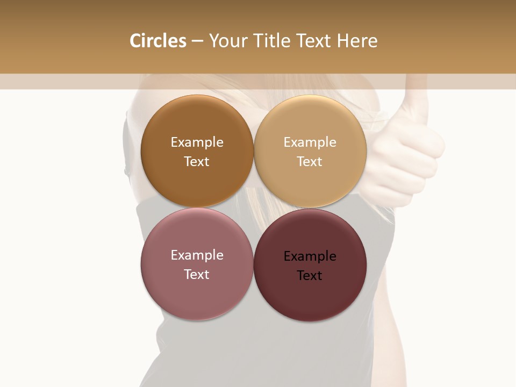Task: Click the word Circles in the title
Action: [157, 41]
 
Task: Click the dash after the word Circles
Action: [197, 41]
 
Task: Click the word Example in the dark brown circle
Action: [197, 142]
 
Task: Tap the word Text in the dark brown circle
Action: [197, 161]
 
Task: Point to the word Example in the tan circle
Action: [310, 142]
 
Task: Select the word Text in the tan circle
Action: [310, 161]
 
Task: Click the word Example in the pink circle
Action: [197, 255]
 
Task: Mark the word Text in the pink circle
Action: [197, 274]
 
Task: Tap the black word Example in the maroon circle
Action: [310, 256]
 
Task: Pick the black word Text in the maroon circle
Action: [310, 275]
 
